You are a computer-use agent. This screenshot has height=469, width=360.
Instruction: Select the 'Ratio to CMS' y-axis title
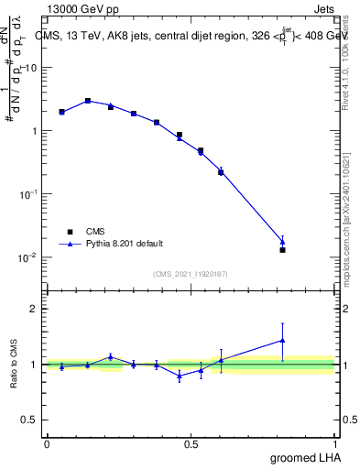[x=16, y=365]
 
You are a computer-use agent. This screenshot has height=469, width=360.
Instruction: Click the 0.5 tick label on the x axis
[x=191, y=443]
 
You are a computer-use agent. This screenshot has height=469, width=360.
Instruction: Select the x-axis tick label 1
[x=336, y=443]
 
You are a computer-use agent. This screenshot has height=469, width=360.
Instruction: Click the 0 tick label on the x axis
[x=47, y=443]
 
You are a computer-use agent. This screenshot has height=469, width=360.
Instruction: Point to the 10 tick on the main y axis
[x=31, y=68]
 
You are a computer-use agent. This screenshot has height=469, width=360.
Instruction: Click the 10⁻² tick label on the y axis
[x=27, y=257]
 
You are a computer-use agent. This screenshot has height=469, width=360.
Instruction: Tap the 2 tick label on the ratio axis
[x=36, y=309]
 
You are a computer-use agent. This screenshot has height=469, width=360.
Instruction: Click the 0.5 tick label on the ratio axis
[x=31, y=420]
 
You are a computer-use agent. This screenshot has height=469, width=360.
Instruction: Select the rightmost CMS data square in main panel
[x=282, y=249]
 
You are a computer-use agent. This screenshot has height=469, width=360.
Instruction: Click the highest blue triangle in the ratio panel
[x=282, y=340]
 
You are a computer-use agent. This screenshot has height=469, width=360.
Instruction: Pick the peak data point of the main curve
[x=88, y=101]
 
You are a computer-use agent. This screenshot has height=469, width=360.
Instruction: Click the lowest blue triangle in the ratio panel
[x=180, y=376]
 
